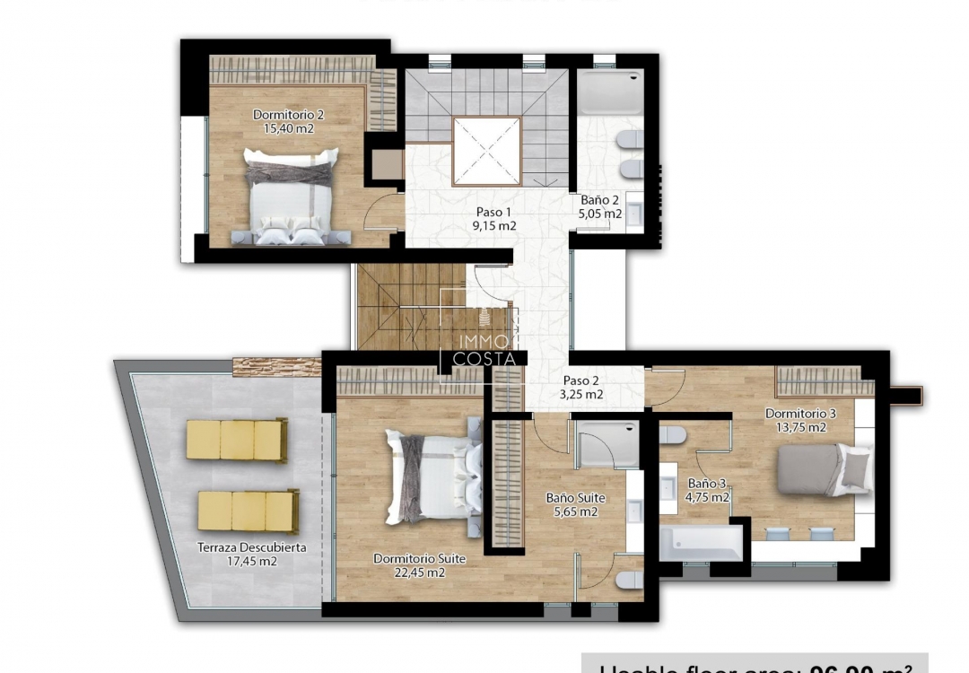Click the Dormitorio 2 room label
pos(288,114)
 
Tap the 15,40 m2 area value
pos(288,128)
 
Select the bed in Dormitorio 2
pos(291,198)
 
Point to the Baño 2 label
pos(600,200)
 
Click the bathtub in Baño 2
pos(610,92)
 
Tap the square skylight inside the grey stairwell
pos(485,151)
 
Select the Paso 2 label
pos(582,380)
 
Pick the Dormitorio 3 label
pos(800,414)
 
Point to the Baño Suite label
pos(575,497)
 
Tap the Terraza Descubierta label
pos(252,547)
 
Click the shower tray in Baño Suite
pos(607,446)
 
